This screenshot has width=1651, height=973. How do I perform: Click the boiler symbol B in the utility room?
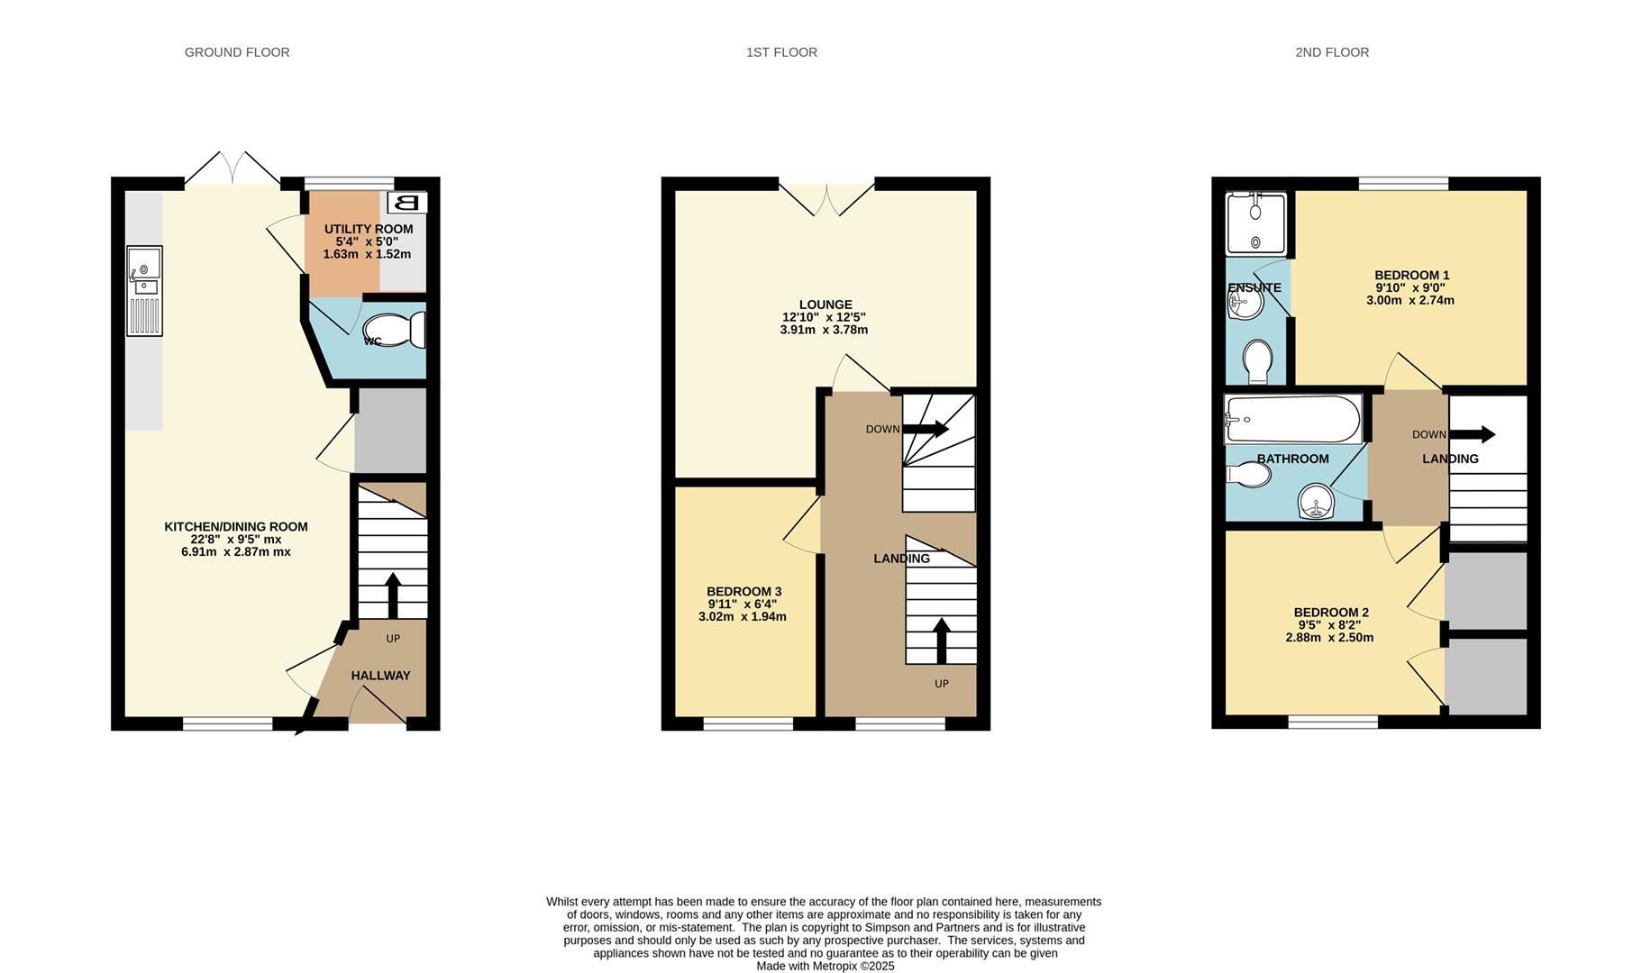click(x=407, y=203)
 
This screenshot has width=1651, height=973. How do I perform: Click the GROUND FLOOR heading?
click(x=237, y=52)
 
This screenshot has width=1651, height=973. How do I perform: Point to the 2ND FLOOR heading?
click(x=1332, y=52)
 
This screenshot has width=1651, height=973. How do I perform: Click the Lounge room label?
click(x=825, y=305)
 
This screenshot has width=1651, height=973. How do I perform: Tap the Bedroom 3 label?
click(x=743, y=592)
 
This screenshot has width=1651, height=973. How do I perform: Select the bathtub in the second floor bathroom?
click(x=1292, y=420)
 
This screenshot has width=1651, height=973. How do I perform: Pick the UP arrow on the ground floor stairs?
click(x=393, y=595)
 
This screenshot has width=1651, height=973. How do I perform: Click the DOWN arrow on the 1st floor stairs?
click(x=926, y=430)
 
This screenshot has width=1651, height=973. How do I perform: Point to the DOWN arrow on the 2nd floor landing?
click(x=1473, y=434)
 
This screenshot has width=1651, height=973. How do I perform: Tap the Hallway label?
click(x=380, y=676)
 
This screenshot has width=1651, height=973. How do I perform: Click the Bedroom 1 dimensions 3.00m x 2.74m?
click(x=1410, y=301)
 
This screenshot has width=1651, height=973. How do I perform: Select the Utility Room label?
click(x=369, y=229)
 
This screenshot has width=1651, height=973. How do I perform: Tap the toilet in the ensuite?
click(x=1257, y=361)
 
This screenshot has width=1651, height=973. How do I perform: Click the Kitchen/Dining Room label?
click(x=236, y=527)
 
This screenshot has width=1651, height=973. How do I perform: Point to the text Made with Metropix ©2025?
click(x=825, y=966)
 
